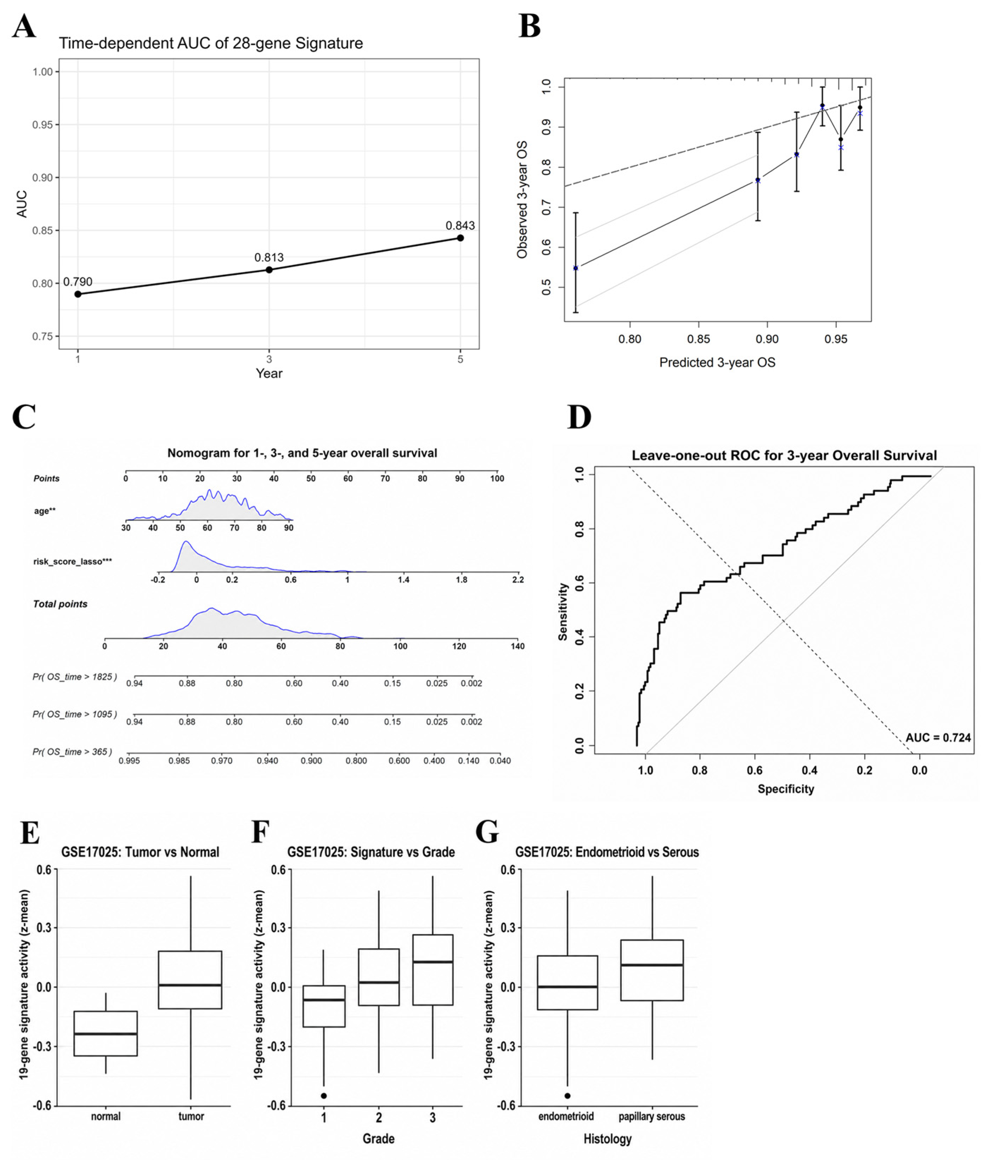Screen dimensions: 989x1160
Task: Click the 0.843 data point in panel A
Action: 460,238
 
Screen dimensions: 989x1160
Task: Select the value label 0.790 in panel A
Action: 78,282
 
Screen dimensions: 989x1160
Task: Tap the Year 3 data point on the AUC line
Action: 269,270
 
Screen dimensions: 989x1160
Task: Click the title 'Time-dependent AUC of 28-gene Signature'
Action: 211,43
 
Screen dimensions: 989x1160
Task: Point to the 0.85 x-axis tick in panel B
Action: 699,339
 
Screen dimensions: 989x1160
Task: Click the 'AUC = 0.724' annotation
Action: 938,737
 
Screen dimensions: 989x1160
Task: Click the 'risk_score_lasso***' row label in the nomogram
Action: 73,561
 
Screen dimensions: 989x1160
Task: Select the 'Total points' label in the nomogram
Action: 61,604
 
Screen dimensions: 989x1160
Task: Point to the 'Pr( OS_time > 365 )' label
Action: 72,752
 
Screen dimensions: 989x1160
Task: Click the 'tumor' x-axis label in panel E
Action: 191,1116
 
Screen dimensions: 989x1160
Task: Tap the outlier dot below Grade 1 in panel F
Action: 324,1095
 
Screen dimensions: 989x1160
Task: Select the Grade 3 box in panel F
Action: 433,970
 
